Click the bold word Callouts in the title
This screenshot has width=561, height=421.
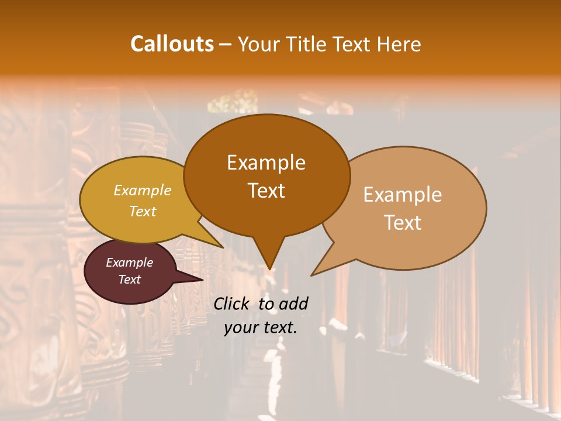pyautogui.click(x=172, y=44)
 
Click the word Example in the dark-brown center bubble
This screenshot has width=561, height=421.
pyautogui.click(x=266, y=163)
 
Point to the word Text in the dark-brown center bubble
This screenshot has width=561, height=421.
pyautogui.click(x=266, y=191)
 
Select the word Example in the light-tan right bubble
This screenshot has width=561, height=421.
pyautogui.click(x=403, y=195)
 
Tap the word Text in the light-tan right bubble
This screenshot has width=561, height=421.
pyautogui.click(x=403, y=223)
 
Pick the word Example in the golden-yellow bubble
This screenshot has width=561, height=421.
pyautogui.click(x=143, y=191)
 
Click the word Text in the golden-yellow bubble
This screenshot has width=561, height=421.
pyautogui.click(x=143, y=211)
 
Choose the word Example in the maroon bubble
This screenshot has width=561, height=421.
pyautogui.click(x=130, y=263)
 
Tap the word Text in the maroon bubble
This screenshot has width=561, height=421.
pyautogui.click(x=130, y=279)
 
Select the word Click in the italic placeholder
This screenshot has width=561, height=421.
pyautogui.click(x=233, y=303)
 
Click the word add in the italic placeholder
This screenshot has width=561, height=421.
pyautogui.click(x=293, y=303)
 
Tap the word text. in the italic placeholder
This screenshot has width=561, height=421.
pyautogui.click(x=280, y=327)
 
